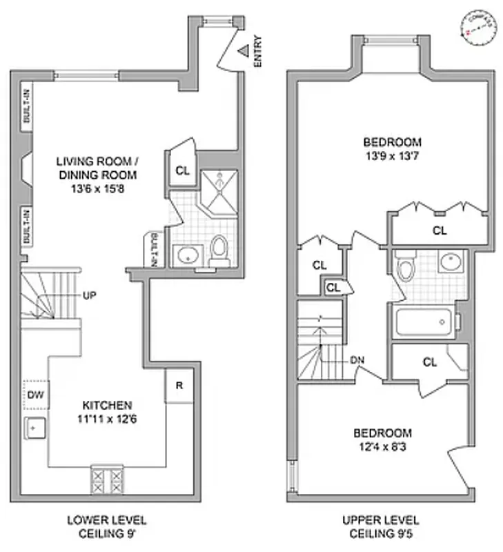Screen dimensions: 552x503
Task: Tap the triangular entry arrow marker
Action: pyautogui.click(x=244, y=50)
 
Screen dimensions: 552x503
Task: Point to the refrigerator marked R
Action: pyautogui.click(x=179, y=385)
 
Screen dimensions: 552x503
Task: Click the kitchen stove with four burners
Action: pyautogui.click(x=108, y=478)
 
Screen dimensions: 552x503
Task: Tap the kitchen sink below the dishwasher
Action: pyautogui.click(x=34, y=430)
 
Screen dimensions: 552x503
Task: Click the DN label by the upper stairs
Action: pyautogui.click(x=357, y=359)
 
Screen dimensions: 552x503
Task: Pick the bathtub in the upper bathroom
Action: pyautogui.click(x=424, y=322)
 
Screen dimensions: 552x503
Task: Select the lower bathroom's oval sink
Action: pyautogui.click(x=186, y=255)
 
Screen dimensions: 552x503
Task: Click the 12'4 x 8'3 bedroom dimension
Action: pyautogui.click(x=382, y=446)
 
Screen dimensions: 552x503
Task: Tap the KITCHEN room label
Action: pyautogui.click(x=107, y=404)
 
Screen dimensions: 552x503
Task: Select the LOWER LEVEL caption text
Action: pyautogui.click(x=106, y=520)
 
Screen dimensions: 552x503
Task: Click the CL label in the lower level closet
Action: pyautogui.click(x=181, y=170)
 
